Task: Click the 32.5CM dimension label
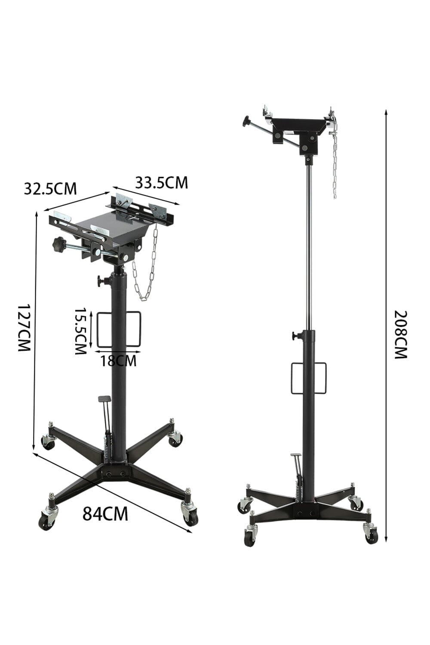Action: (50, 188)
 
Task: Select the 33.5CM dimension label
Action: (162, 182)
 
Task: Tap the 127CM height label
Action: (24, 328)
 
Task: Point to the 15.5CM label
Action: (80, 331)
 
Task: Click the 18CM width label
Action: (118, 360)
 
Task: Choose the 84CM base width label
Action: (105, 513)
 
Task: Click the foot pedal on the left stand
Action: (104, 399)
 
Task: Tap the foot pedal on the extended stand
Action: (296, 455)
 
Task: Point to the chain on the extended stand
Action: (335, 163)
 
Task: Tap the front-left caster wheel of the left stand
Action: (46, 520)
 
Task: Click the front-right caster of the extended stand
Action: (371, 534)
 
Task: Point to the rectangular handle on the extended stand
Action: (309, 378)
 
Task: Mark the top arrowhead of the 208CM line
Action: (386, 112)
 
